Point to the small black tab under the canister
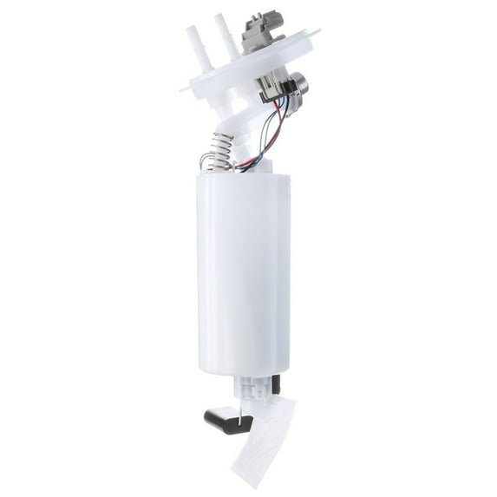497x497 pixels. tap(276, 384)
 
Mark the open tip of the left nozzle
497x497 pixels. tap(189, 31)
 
